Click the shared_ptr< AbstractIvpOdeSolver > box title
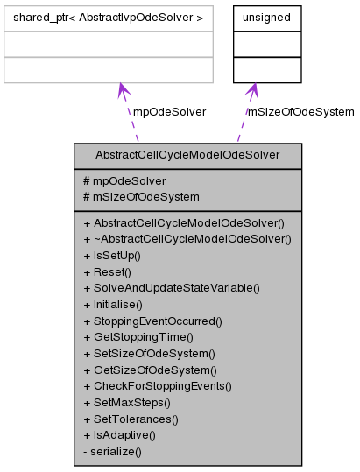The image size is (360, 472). (x=109, y=18)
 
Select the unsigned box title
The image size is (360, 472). (x=266, y=18)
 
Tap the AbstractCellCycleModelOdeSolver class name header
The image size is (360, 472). (x=188, y=155)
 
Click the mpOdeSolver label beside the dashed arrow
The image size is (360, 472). (x=169, y=111)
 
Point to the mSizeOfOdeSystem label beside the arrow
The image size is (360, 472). (x=300, y=111)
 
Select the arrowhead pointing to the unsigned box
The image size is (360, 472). (x=252, y=91)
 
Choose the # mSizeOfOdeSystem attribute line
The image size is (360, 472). (x=141, y=196)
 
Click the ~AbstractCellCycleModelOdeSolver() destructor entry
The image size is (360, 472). (x=187, y=238)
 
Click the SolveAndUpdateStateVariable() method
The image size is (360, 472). (x=172, y=287)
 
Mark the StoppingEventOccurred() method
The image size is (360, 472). (x=153, y=321)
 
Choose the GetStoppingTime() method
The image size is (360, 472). (x=138, y=336)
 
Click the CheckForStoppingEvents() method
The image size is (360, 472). (x=158, y=385)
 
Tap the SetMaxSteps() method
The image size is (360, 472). (x=126, y=402)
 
